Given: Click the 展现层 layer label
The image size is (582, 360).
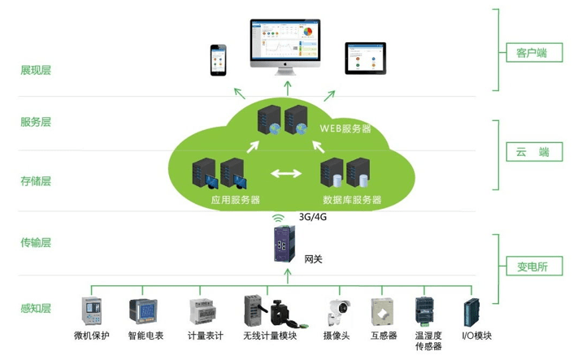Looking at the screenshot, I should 36,71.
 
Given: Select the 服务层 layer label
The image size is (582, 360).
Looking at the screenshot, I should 36,123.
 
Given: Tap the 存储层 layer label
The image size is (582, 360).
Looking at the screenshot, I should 36,181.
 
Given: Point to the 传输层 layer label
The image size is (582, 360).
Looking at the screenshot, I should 36,243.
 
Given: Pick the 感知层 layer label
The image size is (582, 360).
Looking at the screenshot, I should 36,309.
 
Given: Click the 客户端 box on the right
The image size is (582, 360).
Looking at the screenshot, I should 532,54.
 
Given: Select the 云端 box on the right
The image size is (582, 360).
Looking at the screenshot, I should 532,152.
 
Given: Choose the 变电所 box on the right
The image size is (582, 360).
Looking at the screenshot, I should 532,266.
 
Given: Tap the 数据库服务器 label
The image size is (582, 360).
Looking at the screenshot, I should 352,198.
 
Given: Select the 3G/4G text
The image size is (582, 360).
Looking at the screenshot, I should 313,218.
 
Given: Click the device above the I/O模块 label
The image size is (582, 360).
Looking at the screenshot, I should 471,312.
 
